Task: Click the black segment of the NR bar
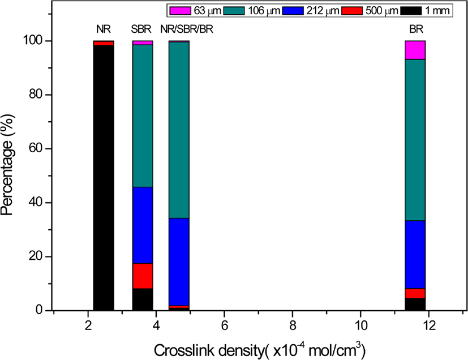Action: pyautogui.click(x=104, y=178)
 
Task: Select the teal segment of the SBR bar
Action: pyautogui.click(x=143, y=116)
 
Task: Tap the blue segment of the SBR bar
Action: pyautogui.click(x=143, y=225)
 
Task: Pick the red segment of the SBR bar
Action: pyautogui.click(x=143, y=276)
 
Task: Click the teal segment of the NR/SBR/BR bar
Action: pyautogui.click(x=179, y=130)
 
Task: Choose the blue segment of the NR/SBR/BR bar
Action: pyautogui.click(x=179, y=262)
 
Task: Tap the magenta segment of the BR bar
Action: pyautogui.click(x=415, y=50)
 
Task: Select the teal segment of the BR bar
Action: pyautogui.click(x=415, y=140)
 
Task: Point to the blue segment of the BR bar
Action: pyautogui.click(x=415, y=255)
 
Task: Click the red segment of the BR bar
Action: pyautogui.click(x=415, y=293)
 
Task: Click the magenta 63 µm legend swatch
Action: pyautogui.click(x=181, y=11)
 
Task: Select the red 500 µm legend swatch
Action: pyautogui.click(x=352, y=11)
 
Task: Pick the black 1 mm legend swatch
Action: pyautogui.click(x=411, y=11)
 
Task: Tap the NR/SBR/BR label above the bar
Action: pyautogui.click(x=187, y=29)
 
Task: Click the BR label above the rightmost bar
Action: pyautogui.click(x=416, y=29)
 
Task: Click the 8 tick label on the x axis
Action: pyautogui.click(x=293, y=325)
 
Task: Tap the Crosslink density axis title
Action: pyautogui.click(x=260, y=350)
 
